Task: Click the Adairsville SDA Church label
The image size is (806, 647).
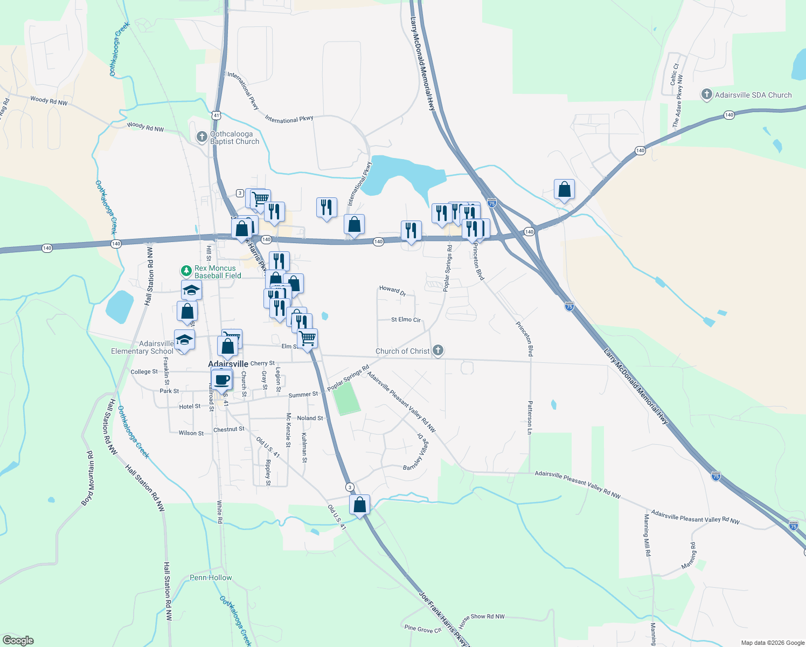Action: click(753, 95)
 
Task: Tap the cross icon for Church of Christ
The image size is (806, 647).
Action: click(438, 351)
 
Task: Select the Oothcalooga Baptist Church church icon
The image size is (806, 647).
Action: click(202, 137)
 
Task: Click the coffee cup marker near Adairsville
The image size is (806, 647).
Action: click(221, 379)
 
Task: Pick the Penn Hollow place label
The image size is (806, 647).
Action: click(211, 577)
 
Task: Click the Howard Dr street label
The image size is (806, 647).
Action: click(392, 291)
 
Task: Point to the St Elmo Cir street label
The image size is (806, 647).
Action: click(406, 320)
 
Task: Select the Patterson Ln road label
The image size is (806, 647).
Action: click(530, 417)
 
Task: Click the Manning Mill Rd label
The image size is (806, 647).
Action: click(647, 535)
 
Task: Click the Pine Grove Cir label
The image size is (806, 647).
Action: click(423, 629)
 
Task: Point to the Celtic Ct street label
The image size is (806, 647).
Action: click(673, 74)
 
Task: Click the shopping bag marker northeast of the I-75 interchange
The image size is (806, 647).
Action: click(564, 189)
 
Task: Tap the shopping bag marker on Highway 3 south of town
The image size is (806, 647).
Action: click(359, 505)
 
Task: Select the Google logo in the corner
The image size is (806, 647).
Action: click(18, 641)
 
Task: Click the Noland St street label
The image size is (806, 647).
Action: click(310, 418)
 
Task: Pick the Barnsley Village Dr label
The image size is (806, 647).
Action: click(417, 453)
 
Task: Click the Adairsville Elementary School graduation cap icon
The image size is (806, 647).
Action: click(184, 340)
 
